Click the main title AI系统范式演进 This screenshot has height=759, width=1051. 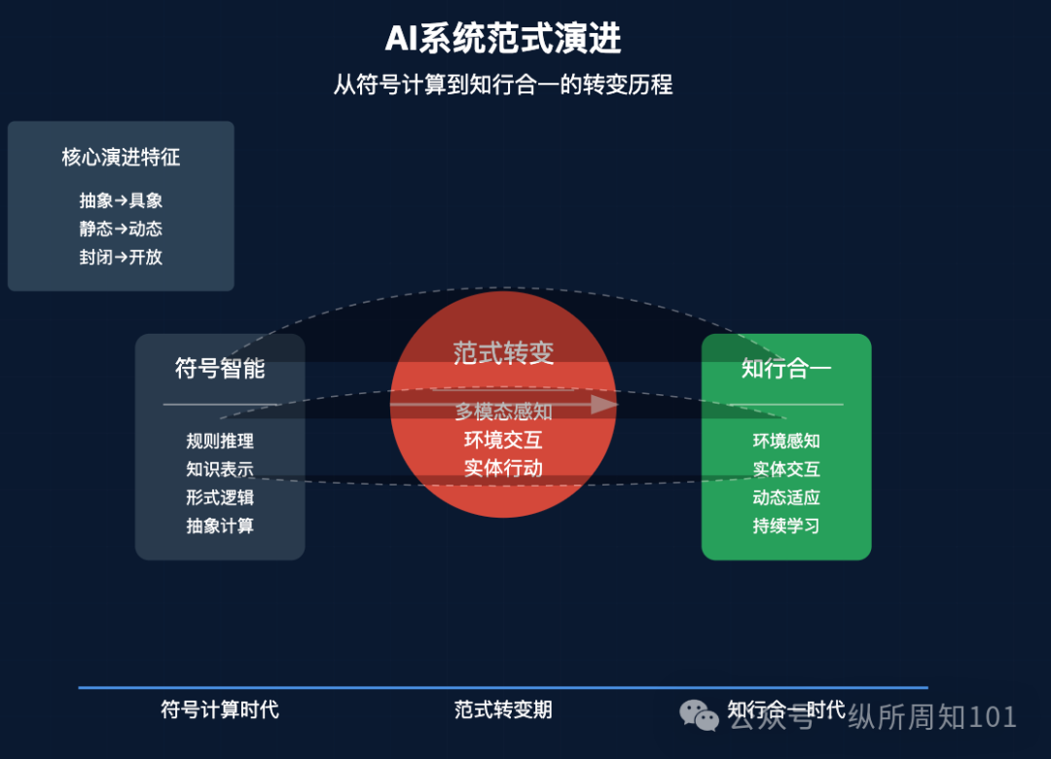pos(503,40)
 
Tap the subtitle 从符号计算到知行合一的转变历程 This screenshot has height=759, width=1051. pos(503,85)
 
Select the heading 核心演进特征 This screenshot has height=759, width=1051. pos(121,157)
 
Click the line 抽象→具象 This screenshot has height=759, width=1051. pos(121,200)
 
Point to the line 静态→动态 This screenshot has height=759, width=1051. pos(121,229)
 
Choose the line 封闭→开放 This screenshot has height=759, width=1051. pos(121,257)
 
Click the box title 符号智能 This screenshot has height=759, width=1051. pos(220,369)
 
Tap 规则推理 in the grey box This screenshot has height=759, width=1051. pos(220,441)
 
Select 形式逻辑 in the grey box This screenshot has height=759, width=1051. pos(220,497)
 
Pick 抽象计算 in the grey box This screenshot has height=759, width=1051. pos(220,525)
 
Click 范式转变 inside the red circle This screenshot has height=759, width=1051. pos(503,353)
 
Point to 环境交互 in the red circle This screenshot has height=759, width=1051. pos(503,440)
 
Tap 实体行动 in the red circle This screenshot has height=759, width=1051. pos(503,468)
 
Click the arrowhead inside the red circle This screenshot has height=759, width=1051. pos(605,404)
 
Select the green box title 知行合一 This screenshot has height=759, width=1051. pos(786,369)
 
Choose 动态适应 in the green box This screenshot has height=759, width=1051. pos(786,497)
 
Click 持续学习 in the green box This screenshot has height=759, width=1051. pos(786,525)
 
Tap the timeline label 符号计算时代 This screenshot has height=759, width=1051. pos(220,709)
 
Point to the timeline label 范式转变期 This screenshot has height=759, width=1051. pos(503,709)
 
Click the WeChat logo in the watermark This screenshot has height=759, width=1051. pos(700,715)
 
